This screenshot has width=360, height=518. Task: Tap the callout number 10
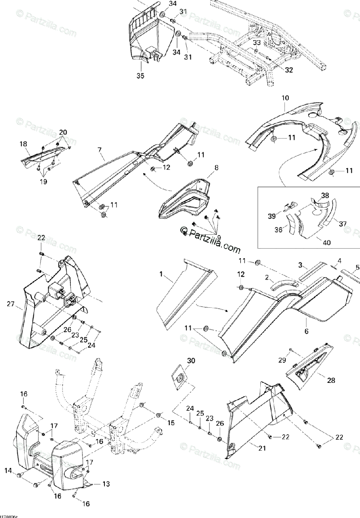(285, 98)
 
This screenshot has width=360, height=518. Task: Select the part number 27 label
(11, 304)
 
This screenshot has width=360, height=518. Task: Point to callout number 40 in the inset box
(327, 243)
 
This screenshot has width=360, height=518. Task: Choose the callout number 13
(106, 484)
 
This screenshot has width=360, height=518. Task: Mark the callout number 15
(171, 423)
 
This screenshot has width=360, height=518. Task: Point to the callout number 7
(100, 150)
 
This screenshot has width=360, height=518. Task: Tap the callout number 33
(256, 43)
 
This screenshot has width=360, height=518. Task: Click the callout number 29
(282, 360)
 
